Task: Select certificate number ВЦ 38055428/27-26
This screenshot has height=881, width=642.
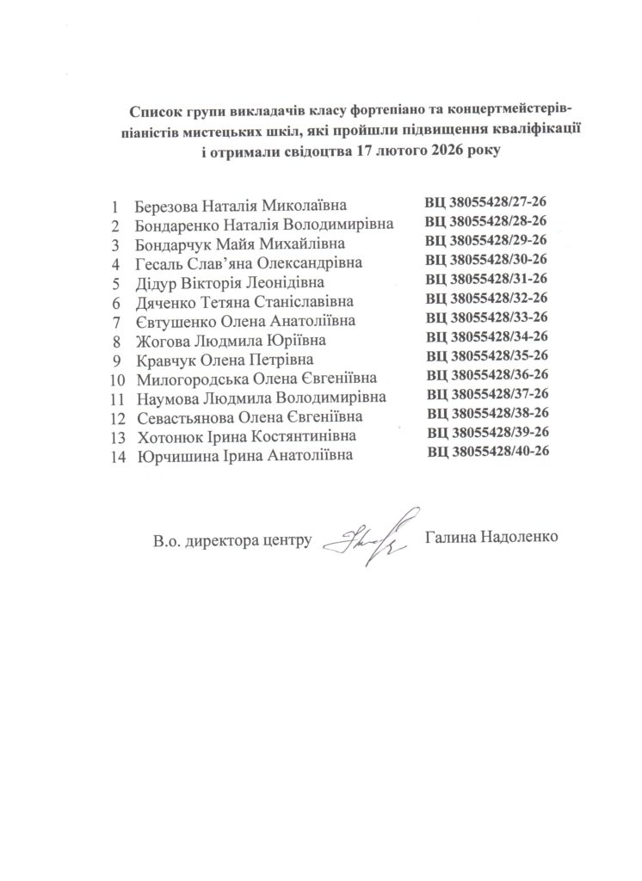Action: (486, 203)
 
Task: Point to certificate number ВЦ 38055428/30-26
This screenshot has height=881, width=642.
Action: (487, 259)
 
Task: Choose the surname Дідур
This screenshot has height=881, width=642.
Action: (156, 282)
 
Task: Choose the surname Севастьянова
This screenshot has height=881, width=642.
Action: (183, 417)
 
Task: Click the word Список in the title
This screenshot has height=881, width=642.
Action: (153, 111)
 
